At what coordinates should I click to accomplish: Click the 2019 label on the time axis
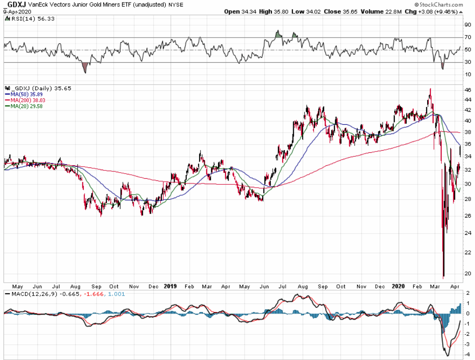pos(172,286)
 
